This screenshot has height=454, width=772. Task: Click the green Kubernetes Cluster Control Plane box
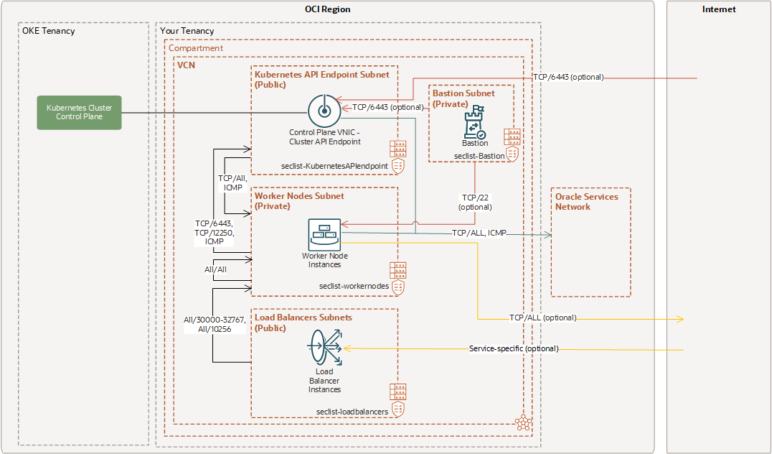(x=79, y=113)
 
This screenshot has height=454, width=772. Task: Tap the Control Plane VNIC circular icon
(x=323, y=111)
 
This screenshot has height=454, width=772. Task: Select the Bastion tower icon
(x=474, y=123)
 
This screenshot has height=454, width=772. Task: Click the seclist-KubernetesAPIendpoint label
(x=335, y=166)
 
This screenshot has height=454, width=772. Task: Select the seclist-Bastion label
(x=479, y=155)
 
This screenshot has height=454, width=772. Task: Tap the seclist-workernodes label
(x=354, y=286)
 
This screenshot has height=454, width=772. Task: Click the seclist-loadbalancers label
(x=352, y=412)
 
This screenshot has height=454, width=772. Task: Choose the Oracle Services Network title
(x=586, y=201)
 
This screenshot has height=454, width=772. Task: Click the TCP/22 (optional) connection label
(x=475, y=202)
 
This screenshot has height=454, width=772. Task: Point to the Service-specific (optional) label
(x=513, y=348)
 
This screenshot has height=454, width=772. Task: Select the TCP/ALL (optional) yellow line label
(x=542, y=318)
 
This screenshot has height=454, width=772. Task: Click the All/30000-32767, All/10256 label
(x=215, y=324)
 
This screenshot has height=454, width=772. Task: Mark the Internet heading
(x=719, y=9)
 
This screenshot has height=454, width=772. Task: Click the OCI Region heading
(x=327, y=9)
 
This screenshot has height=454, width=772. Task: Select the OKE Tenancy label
(x=48, y=31)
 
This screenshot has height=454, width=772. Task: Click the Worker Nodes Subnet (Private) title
(x=299, y=200)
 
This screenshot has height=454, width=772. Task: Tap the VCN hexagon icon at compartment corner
(x=522, y=422)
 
